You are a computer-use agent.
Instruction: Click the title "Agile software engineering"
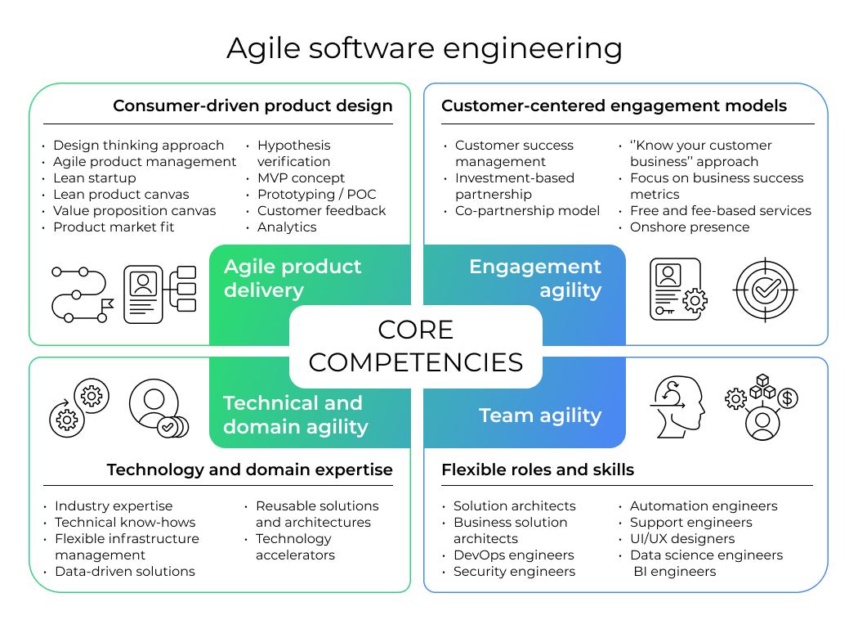(425, 49)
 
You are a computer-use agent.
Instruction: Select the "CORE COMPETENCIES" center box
(416, 346)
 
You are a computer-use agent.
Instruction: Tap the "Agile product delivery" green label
(293, 278)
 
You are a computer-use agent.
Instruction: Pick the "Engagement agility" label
(535, 278)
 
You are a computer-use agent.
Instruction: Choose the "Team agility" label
(540, 416)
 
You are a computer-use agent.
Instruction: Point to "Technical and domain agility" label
(296, 415)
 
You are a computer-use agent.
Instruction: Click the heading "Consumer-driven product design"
(252, 106)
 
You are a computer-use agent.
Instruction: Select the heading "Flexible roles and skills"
(538, 470)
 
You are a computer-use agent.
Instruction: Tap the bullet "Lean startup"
(95, 178)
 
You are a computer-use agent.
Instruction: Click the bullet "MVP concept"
(301, 178)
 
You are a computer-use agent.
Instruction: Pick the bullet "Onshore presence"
(690, 227)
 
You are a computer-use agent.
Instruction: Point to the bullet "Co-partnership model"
(527, 211)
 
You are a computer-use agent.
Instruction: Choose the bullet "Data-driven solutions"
(125, 571)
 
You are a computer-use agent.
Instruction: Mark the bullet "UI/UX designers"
(682, 539)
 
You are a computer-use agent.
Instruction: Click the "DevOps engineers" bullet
(514, 555)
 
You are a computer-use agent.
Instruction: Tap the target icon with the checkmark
(765, 290)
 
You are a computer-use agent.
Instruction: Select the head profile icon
(677, 407)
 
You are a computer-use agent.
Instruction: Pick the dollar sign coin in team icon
(788, 398)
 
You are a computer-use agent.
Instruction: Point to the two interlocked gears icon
(79, 408)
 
